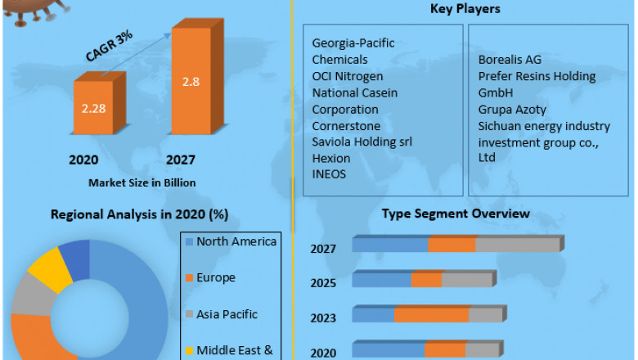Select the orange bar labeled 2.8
(x=190, y=81)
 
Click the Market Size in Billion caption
(x=142, y=182)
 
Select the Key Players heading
(x=465, y=9)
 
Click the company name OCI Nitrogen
(x=347, y=76)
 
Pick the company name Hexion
(x=331, y=158)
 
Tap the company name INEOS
(x=330, y=174)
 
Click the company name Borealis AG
(x=510, y=60)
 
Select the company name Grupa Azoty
(x=512, y=109)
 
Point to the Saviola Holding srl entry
(x=362, y=142)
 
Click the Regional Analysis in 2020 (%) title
(x=140, y=214)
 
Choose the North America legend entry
(x=236, y=241)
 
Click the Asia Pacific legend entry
(x=227, y=313)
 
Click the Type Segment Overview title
(x=456, y=214)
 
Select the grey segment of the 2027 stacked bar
(x=517, y=245)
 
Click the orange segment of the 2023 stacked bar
(x=431, y=315)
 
